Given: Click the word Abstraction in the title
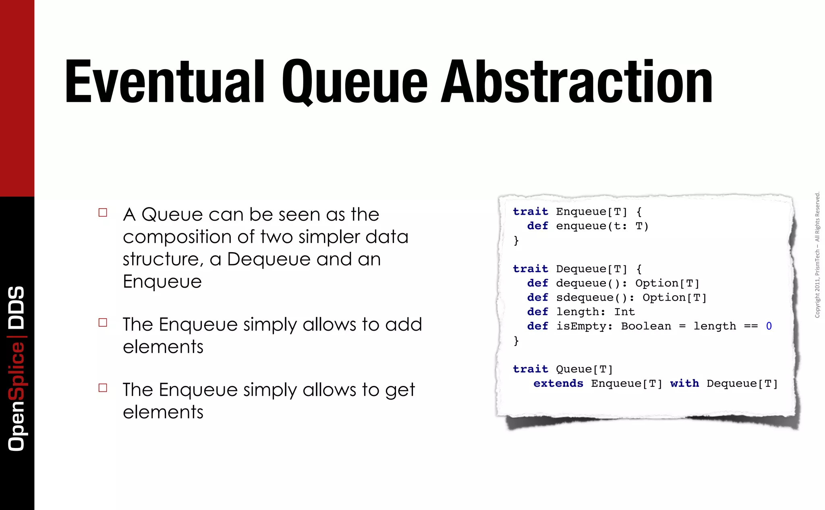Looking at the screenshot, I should coord(577,82).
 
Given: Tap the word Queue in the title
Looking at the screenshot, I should coord(354,82).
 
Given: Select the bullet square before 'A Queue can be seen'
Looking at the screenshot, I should coord(103,212).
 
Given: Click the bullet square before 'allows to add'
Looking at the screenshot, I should coord(103,322).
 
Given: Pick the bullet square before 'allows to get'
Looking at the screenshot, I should coord(103,388).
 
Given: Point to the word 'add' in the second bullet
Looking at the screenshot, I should coord(403,324).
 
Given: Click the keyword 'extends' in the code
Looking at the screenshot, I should coord(558,383).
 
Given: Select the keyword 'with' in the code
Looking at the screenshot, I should coord(684,383).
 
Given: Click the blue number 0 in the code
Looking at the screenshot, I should coord(769,326).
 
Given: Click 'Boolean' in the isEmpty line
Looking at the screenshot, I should coord(646,326).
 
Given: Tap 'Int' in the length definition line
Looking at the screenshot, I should coord(624,312).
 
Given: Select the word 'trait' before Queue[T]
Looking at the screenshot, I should coord(530,369).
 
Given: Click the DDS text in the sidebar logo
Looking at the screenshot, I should coord(16,308).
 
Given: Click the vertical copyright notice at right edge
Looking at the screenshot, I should coord(817,255).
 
